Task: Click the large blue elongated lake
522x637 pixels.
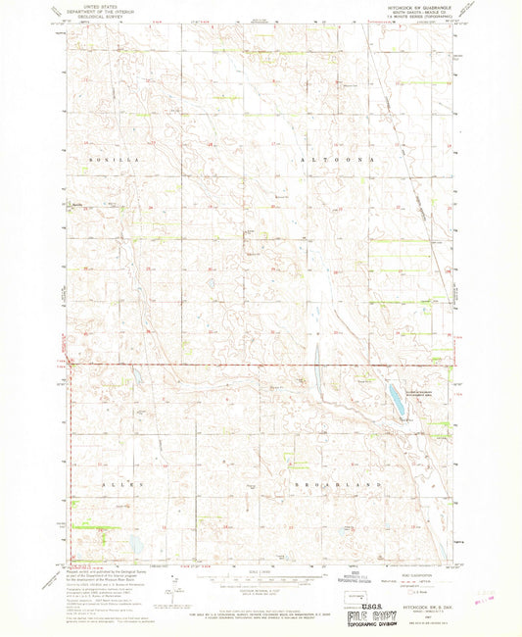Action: (394, 398)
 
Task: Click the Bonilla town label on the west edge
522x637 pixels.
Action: (76, 203)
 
